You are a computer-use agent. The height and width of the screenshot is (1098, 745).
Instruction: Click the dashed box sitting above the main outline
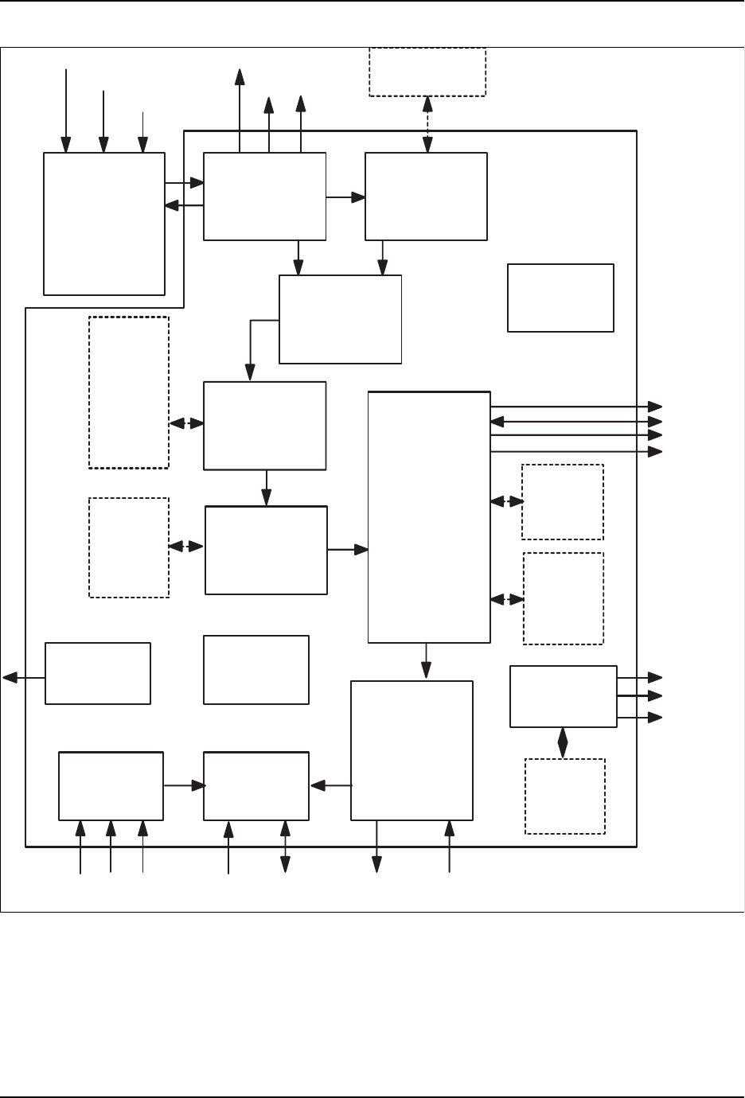(427, 72)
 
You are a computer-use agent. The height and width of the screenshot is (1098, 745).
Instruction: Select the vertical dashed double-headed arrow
(427, 124)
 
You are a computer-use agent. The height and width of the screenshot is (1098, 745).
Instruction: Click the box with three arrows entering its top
(104, 224)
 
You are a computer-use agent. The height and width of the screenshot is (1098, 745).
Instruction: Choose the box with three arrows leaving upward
(264, 196)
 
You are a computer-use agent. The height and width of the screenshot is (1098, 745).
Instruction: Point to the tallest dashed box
(128, 392)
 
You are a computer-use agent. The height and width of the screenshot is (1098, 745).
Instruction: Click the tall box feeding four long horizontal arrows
(429, 516)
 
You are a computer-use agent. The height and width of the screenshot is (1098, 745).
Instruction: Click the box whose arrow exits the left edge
(98, 673)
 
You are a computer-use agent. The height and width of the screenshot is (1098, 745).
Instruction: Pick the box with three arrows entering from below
(111, 785)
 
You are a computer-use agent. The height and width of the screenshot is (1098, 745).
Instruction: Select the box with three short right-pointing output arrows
(563, 696)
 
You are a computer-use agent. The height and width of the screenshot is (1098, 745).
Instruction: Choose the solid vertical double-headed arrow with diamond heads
(563, 742)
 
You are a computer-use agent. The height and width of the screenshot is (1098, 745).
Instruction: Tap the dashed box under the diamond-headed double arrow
(564, 796)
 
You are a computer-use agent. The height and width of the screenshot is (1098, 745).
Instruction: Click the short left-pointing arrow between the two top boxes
(184, 206)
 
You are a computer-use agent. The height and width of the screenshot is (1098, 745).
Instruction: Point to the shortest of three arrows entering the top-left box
(142, 132)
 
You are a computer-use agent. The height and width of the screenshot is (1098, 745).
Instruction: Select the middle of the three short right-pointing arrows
(639, 696)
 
